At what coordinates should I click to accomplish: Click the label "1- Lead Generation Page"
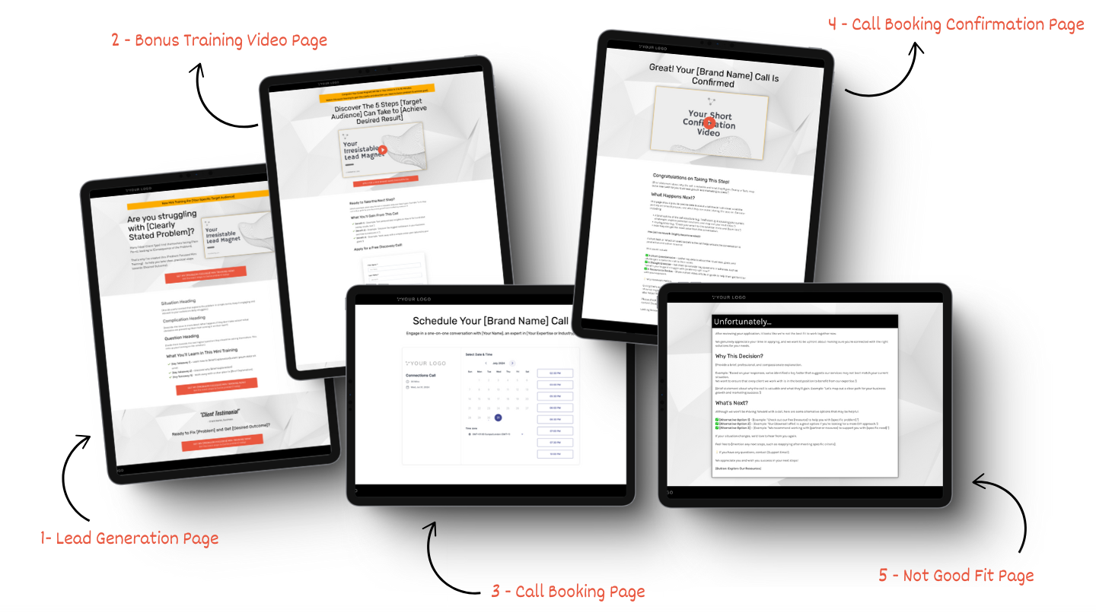pos(129,538)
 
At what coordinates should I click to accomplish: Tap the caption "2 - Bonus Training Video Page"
pos(219,40)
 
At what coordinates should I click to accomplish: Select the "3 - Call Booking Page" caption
pos(568,592)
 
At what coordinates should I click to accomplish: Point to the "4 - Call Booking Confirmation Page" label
pos(956,24)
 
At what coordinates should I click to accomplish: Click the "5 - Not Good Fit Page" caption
pos(956,575)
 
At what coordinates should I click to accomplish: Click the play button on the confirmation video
pos(709,122)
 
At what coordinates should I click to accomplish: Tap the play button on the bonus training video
pos(383,150)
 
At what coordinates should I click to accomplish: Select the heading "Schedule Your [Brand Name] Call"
pos(490,321)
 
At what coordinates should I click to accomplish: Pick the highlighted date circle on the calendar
pos(498,418)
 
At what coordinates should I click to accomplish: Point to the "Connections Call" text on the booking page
pos(421,376)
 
